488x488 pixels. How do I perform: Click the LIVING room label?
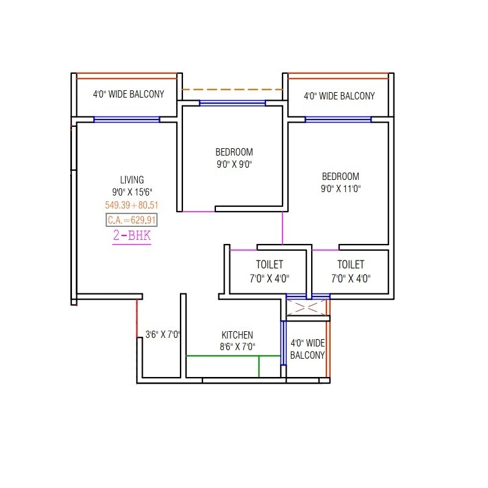coord(132,179)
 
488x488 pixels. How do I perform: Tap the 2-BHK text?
coord(132,236)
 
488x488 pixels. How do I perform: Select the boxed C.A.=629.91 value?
coord(132,220)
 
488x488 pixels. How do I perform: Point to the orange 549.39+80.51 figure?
coord(132,206)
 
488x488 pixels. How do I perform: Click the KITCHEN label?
coord(237,335)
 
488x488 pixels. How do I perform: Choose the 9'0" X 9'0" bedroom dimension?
coord(234,164)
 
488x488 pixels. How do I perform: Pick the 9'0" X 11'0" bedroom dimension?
coord(340,188)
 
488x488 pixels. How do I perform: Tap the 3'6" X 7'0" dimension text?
coord(163,335)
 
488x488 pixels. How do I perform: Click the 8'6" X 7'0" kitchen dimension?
coord(237,347)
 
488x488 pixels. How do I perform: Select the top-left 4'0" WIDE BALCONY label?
coord(128,95)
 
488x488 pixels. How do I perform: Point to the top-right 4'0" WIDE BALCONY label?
coord(339,96)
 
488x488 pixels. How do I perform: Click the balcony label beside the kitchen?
coord(307,349)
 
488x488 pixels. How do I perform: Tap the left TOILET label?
coord(269,265)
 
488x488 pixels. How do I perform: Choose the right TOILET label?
coord(350,265)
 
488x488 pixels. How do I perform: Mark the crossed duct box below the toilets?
coord(307,307)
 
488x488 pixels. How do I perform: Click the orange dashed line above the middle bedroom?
coord(232,90)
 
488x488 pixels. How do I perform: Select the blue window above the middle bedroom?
coord(232,103)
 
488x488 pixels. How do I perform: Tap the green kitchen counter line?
coord(232,356)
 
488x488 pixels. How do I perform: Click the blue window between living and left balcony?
coord(127,120)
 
